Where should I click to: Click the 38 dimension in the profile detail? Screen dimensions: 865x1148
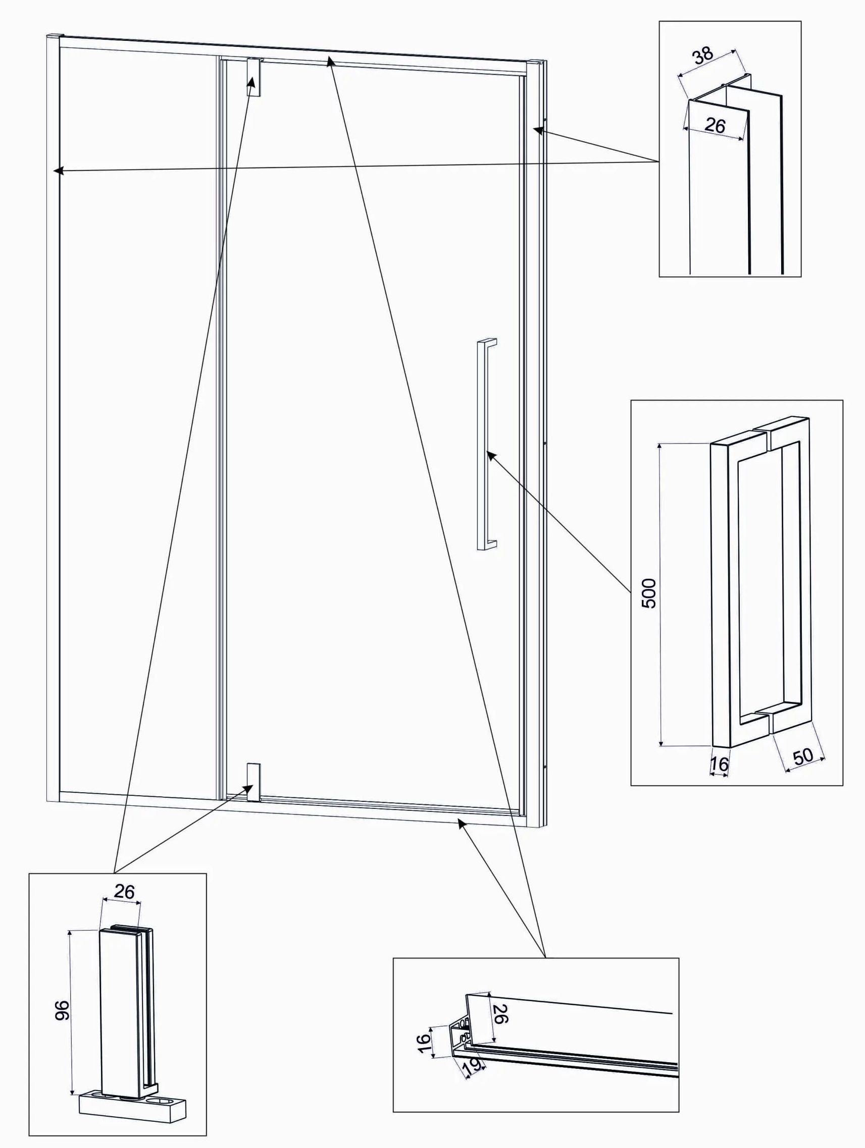click(703, 56)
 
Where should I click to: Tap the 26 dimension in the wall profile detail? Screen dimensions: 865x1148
click(715, 125)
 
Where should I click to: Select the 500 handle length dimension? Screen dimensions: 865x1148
click(649, 593)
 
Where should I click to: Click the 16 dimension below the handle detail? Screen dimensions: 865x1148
click(719, 764)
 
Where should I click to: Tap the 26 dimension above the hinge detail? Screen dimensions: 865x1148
click(124, 892)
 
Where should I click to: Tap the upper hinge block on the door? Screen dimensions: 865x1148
click(253, 77)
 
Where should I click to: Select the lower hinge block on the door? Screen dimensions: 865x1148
click(253, 782)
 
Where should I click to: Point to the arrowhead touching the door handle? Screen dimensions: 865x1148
click(491, 455)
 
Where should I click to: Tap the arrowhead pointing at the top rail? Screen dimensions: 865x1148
click(329, 60)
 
